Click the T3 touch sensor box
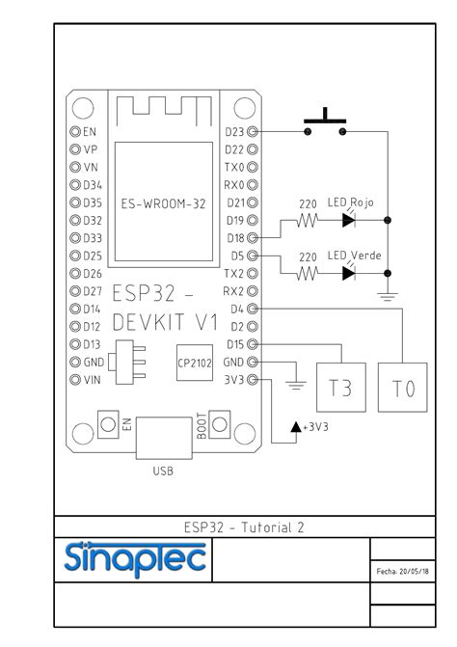[x=342, y=388]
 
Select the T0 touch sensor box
[x=403, y=388]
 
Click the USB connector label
[x=163, y=472]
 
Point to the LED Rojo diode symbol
[x=349, y=220]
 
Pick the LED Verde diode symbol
[x=349, y=273]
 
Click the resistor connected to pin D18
[x=308, y=220]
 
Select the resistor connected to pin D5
[x=308, y=273]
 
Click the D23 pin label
[x=234, y=131]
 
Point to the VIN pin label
[x=94, y=380]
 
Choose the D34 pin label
[x=94, y=184]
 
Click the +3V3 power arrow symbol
[x=295, y=425]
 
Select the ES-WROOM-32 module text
[x=163, y=203]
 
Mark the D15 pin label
[x=234, y=344]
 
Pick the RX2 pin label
[x=234, y=291]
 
